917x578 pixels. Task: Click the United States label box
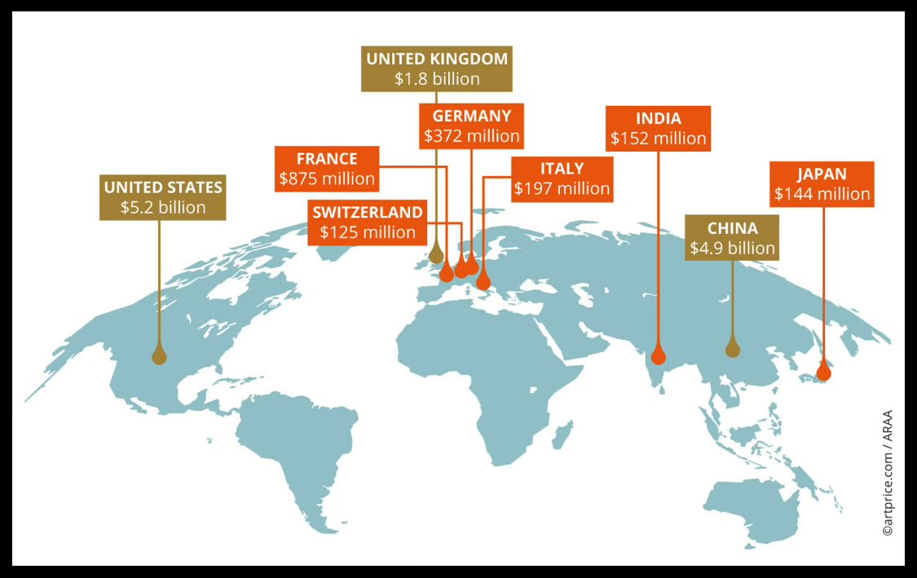(x=163, y=196)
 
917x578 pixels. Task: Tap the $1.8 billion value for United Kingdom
(x=437, y=80)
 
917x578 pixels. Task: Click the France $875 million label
(x=327, y=169)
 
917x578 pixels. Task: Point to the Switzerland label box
(x=368, y=222)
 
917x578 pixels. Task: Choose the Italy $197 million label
(x=562, y=179)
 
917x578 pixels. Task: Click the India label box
(x=659, y=128)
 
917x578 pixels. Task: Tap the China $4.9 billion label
(x=732, y=238)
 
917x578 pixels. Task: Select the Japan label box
(x=822, y=183)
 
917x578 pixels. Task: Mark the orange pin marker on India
(x=659, y=355)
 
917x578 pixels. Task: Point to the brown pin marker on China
(x=732, y=348)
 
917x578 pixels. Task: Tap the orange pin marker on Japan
(x=823, y=372)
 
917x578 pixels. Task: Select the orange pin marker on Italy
(x=483, y=281)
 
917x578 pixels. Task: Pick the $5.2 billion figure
(x=163, y=207)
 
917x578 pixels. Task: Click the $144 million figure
(x=822, y=194)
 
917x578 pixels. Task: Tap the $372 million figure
(x=472, y=135)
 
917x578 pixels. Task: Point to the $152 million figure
(x=659, y=139)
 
